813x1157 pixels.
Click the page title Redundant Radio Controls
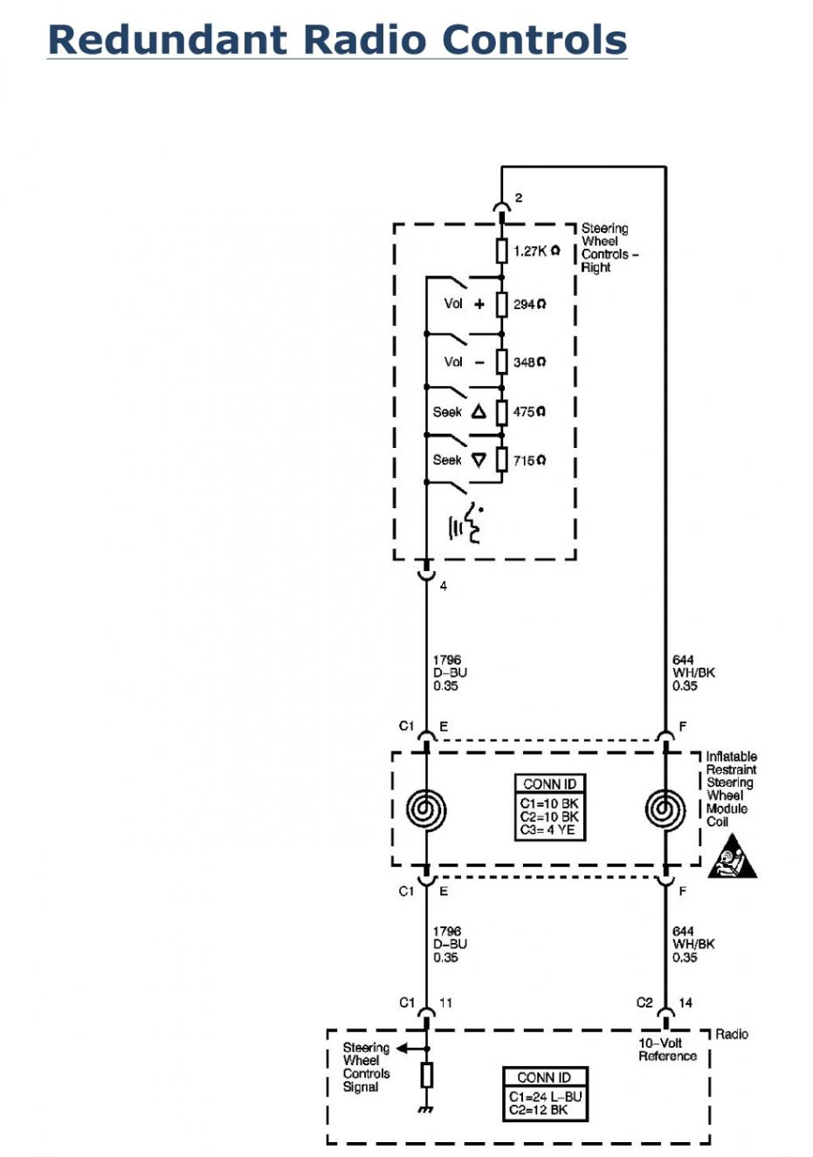tap(337, 40)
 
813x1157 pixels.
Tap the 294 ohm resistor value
tap(529, 305)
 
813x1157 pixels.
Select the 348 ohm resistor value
tap(529, 362)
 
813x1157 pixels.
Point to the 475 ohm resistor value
tap(529, 411)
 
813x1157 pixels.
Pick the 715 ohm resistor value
tap(529, 460)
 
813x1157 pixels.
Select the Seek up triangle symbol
tap(479, 411)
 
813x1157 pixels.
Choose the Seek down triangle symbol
tap(479, 460)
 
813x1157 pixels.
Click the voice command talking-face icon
tap(466, 524)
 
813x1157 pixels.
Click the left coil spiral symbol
tap(426, 809)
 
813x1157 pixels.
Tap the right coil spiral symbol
tap(665, 809)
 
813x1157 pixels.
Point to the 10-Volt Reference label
tap(667, 1050)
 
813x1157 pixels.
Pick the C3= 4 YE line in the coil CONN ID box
tap(548, 830)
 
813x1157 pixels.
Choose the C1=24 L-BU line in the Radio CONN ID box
tap(545, 1097)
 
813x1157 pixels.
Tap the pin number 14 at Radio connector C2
tap(686, 1002)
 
